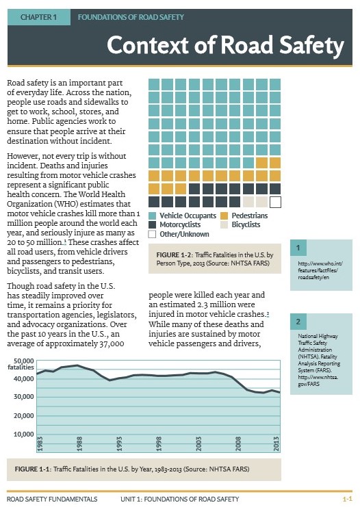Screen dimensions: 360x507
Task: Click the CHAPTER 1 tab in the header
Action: coord(39,17)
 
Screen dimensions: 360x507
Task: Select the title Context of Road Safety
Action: coord(225,45)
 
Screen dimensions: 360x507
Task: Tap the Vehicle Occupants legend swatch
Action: coord(152,216)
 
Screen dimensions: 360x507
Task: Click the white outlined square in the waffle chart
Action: coord(275,202)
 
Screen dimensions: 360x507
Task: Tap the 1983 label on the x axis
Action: coord(40,443)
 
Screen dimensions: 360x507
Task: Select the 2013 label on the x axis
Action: coord(277,443)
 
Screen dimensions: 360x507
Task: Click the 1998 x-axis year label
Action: coord(159,443)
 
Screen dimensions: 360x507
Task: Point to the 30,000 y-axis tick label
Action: coord(23,397)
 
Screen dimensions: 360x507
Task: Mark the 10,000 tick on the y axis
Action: coord(23,434)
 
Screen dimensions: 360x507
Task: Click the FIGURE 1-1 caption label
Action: coord(33,469)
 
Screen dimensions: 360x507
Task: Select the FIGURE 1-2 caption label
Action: coord(175,255)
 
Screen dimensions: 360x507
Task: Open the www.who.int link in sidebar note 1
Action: coord(320,270)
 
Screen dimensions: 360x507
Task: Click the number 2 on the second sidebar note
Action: coord(298,322)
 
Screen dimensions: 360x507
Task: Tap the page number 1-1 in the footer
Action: coord(348,499)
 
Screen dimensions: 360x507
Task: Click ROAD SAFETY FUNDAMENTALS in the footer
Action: coord(52,499)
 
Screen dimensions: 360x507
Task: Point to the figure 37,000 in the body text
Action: coord(112,343)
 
